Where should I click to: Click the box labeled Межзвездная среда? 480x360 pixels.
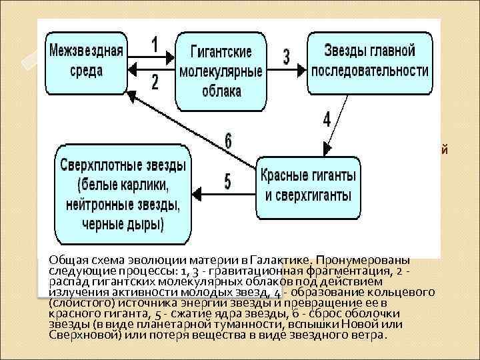(x=85, y=59)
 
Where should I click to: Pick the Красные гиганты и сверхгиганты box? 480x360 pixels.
(x=308, y=186)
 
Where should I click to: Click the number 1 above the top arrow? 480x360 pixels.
(x=155, y=45)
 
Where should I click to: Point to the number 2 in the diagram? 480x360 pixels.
(x=155, y=82)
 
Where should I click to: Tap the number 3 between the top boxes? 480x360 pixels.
(x=286, y=57)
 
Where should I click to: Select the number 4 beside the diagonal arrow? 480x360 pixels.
(x=326, y=120)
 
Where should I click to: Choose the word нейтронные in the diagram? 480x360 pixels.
(x=99, y=201)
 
